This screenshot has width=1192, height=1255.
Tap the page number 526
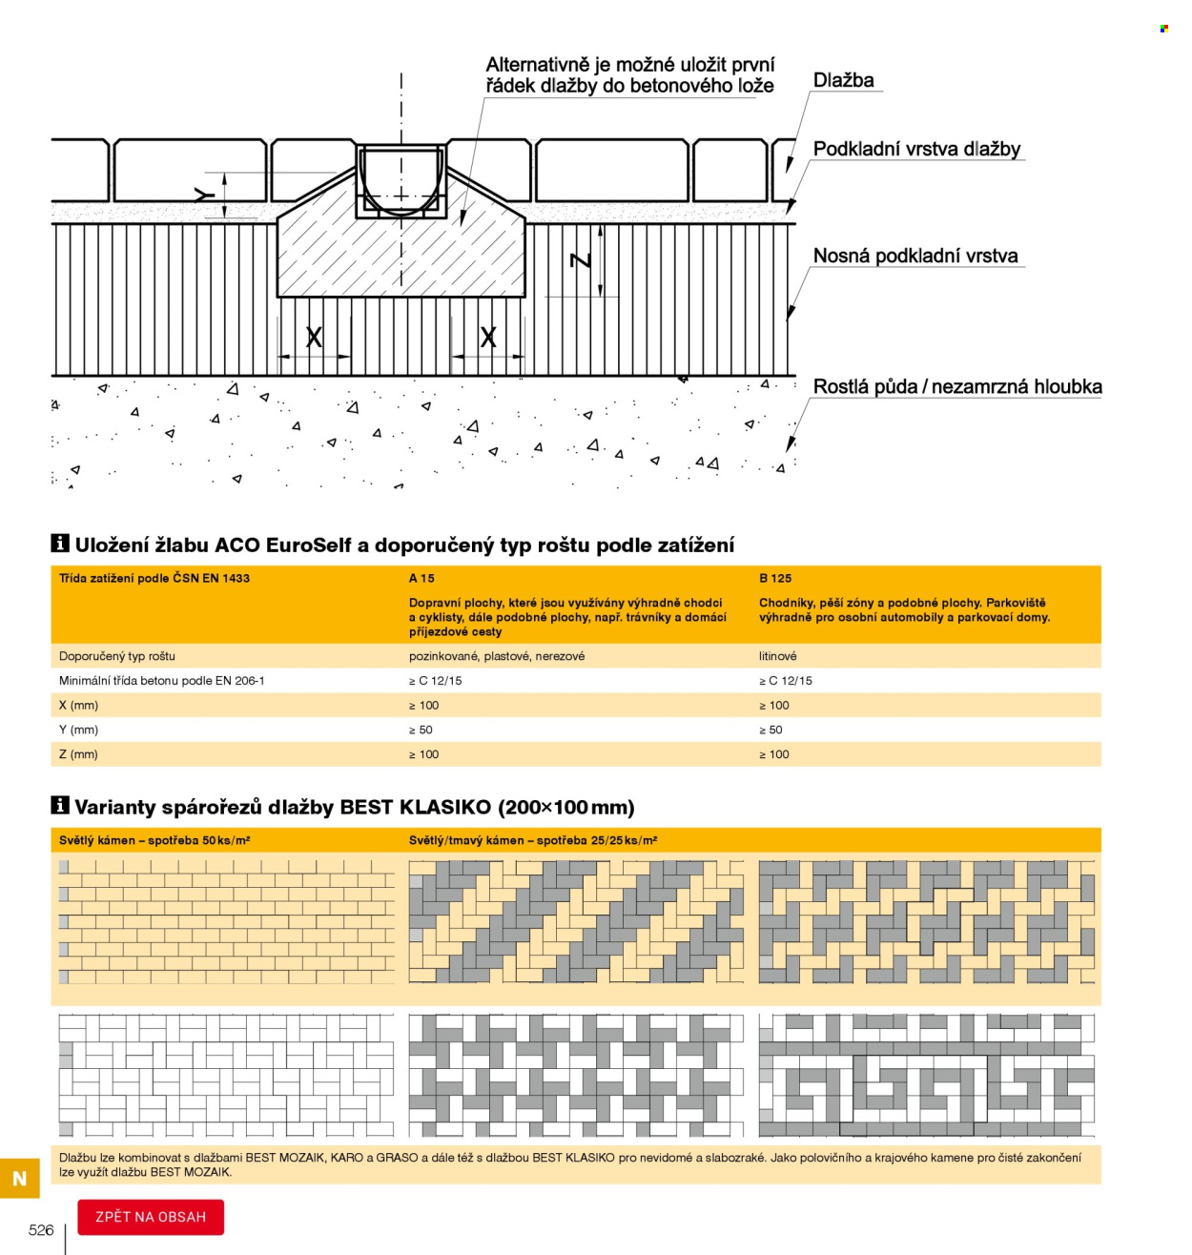tap(41, 1229)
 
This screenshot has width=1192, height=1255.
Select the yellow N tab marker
tap(19, 1178)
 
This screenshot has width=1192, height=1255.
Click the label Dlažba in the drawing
tap(843, 80)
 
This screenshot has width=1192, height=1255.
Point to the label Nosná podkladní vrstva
tap(915, 256)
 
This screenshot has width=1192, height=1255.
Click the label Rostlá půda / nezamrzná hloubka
tap(957, 386)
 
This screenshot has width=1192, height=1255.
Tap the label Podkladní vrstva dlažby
tap(916, 149)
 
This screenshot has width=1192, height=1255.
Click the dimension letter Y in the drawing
tap(205, 195)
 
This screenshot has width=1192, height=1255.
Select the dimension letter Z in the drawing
tap(580, 260)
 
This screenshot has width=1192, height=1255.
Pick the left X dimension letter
tap(314, 337)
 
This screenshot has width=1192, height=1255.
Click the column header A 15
tap(421, 578)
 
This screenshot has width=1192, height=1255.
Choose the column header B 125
tap(774, 578)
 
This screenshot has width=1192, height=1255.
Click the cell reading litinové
tap(777, 655)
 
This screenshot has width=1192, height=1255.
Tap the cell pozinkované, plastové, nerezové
tap(497, 655)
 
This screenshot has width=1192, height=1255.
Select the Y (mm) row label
tap(78, 729)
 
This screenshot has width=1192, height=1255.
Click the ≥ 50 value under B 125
tap(770, 729)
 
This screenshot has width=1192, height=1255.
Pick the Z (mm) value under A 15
tap(423, 754)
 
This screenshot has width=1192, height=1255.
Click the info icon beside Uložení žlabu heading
tap(60, 543)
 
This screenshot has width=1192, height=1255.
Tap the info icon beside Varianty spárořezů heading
tap(60, 804)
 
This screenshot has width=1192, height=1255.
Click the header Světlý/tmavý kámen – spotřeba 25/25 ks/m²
tap(533, 840)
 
